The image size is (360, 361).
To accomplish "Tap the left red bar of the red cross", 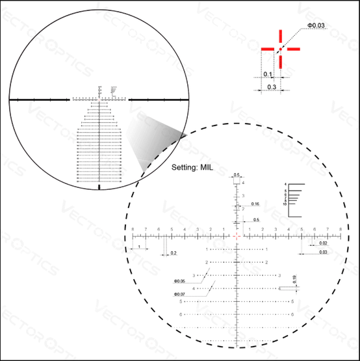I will pos(267,49).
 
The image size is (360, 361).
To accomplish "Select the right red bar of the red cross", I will pos(293,49).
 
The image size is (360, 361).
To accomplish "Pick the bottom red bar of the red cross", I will pos(280,60).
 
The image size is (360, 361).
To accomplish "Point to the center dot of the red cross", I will pos(280,49).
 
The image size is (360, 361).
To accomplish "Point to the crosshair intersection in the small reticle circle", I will pos(99,100).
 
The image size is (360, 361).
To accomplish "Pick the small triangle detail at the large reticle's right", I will pos(320,244).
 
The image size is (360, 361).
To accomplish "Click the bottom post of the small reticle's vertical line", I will pos(99,186).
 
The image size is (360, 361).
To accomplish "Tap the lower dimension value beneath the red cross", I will pos(272,87).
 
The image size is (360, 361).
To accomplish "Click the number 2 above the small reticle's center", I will pos(99,87).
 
